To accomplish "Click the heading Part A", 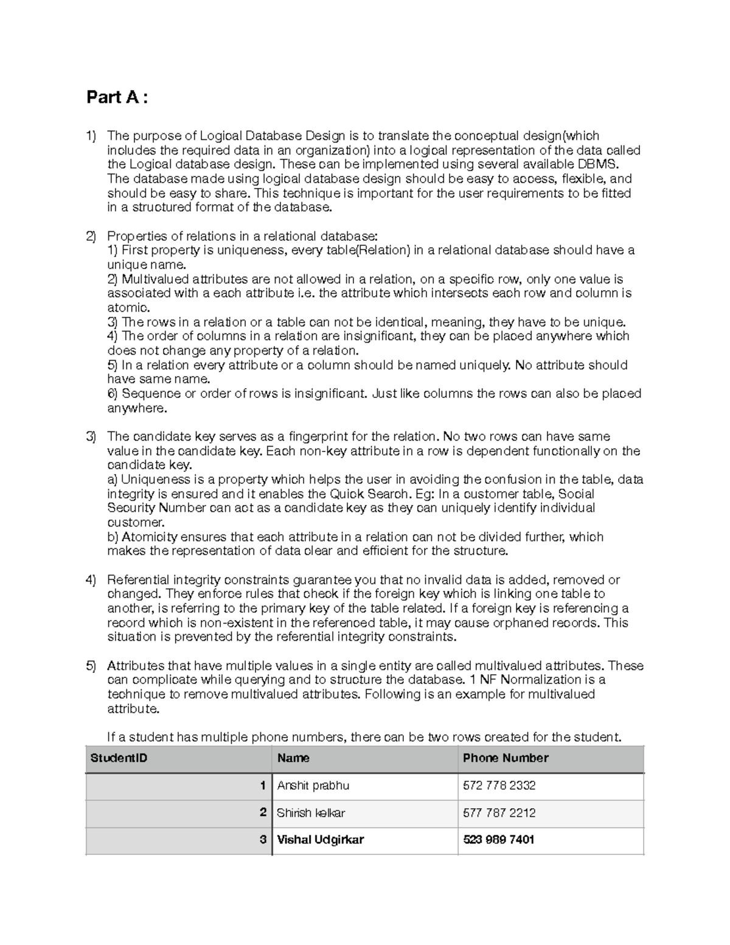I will [x=117, y=97].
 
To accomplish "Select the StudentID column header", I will [x=119, y=758].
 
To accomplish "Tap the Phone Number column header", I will [x=506, y=758].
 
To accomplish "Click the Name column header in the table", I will [x=293, y=758].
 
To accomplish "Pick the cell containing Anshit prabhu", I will [x=313, y=786].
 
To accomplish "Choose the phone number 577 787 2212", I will [x=499, y=813].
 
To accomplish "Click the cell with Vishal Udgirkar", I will [x=320, y=840].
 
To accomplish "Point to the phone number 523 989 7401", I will [x=498, y=840].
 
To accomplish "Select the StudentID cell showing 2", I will [x=263, y=813].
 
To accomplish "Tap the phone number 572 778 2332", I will [x=499, y=786].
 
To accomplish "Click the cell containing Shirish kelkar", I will [x=311, y=813].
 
